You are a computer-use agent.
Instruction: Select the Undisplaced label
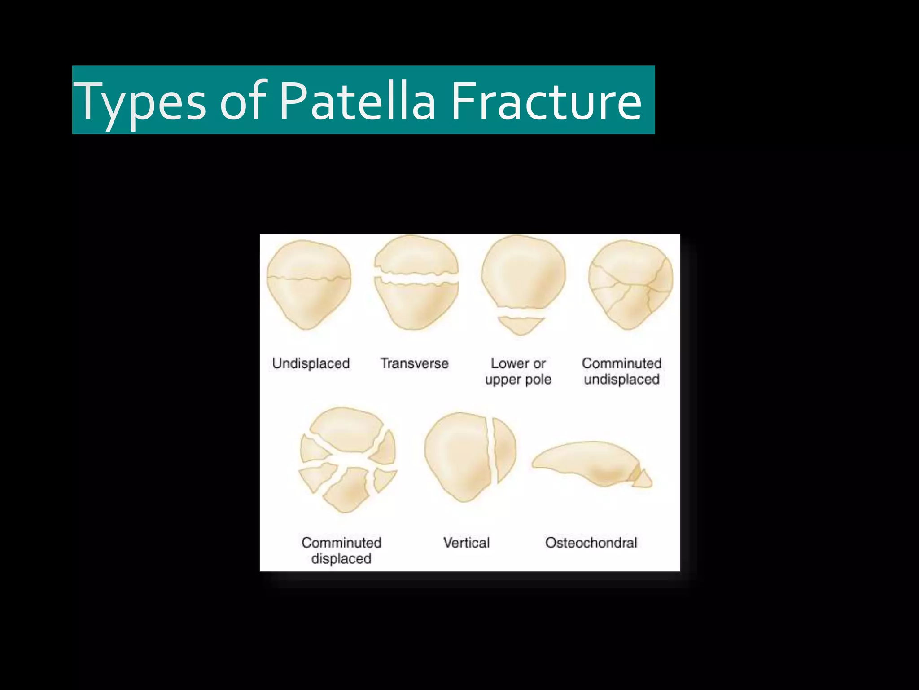tap(311, 363)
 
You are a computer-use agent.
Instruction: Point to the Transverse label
tap(414, 363)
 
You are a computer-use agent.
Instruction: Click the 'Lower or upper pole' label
tap(518, 371)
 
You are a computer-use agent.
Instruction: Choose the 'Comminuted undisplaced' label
tap(621, 371)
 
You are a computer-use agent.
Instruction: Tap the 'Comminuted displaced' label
tap(341, 550)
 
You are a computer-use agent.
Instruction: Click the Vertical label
tap(466, 543)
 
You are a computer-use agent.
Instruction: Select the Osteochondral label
tap(591, 543)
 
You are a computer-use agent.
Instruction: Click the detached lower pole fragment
tap(521, 325)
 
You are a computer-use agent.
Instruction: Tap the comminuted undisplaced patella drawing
tap(630, 285)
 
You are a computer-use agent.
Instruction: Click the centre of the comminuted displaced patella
tap(347, 460)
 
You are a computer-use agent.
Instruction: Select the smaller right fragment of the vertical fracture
tap(504, 449)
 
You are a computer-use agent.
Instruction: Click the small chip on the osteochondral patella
tap(643, 479)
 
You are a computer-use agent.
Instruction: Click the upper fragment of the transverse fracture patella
tap(416, 256)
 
